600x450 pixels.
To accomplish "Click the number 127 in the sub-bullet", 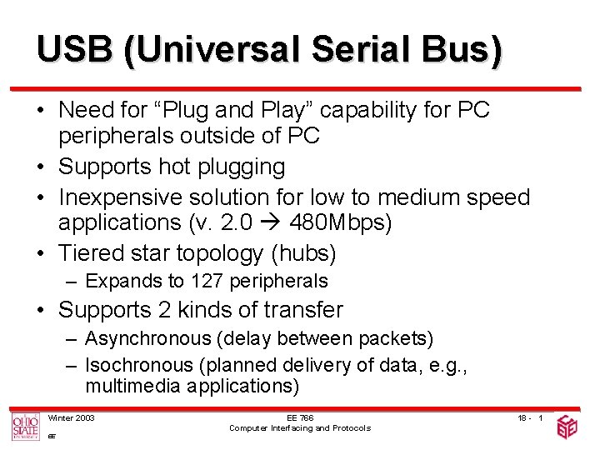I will tap(207, 281).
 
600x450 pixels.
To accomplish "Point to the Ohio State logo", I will tap(25, 426).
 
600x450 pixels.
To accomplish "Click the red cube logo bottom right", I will tap(567, 427).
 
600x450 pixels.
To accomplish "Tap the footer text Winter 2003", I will tap(72, 417).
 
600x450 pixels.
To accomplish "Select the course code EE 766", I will tap(300, 417).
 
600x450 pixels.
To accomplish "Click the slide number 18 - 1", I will tap(529, 417).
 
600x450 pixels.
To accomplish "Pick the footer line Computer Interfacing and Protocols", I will tap(300, 427).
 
